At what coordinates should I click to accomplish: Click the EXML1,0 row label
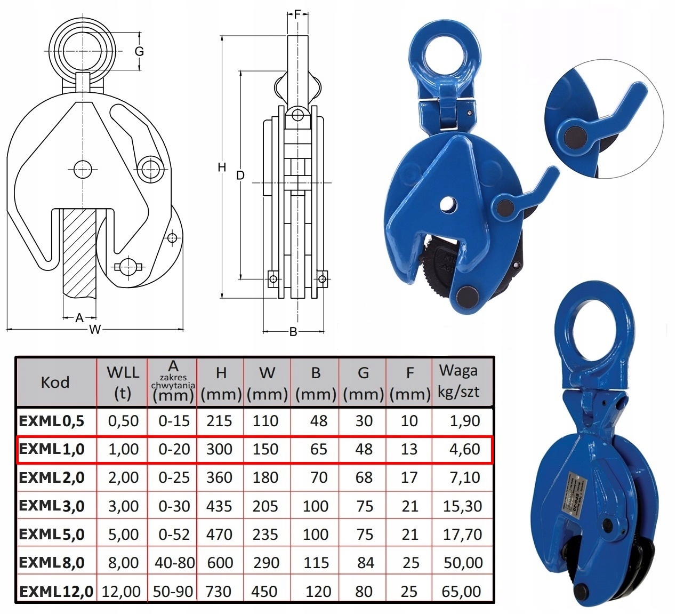[52, 449]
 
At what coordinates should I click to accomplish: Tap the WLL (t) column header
[123, 382]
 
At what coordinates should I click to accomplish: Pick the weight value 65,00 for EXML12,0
[462, 591]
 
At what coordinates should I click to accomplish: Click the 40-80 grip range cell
[174, 563]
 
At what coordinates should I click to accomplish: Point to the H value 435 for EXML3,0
[219, 506]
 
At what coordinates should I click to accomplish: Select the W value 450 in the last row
[265, 591]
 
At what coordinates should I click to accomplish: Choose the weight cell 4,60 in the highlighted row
[464, 449]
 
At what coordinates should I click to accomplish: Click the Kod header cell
[55, 382]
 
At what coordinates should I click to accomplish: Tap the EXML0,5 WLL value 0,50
[123, 421]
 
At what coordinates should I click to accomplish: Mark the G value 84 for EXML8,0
[365, 563]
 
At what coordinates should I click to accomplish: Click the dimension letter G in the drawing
[139, 52]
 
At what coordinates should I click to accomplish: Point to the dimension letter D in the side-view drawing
[240, 175]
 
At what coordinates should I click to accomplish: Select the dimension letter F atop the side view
[297, 14]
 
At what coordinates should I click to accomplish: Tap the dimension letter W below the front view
[94, 330]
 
